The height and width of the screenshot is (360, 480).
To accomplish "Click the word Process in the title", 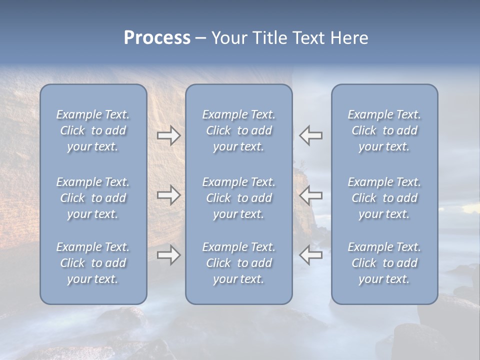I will coord(157,38).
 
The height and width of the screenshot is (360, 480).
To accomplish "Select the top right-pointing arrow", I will coord(168,135).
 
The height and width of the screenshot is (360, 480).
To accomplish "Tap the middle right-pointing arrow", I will coord(168,195).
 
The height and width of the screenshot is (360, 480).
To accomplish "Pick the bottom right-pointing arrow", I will coord(168,255).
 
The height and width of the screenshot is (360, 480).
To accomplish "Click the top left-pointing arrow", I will coord(311,135).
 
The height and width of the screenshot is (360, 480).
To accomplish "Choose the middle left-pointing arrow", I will coord(311,195).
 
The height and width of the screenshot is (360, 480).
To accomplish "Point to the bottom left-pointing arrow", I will coord(311,255).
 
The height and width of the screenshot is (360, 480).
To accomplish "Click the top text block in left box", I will coord(93,130).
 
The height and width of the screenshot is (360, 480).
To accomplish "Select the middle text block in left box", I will coord(93,198).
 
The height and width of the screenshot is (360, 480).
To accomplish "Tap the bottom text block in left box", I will coord(93,263).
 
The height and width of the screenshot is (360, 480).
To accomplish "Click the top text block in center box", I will coord(238,130).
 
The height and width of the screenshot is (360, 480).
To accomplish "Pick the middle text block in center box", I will coord(238,198).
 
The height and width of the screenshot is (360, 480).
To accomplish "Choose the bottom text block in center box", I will coord(238,263).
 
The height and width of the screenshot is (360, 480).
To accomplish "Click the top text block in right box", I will coord(384,130).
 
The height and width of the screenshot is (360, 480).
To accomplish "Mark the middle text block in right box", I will coord(384,198).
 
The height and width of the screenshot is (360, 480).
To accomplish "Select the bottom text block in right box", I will coord(384,263).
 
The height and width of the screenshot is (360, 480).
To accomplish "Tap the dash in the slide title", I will coord(200,38).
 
